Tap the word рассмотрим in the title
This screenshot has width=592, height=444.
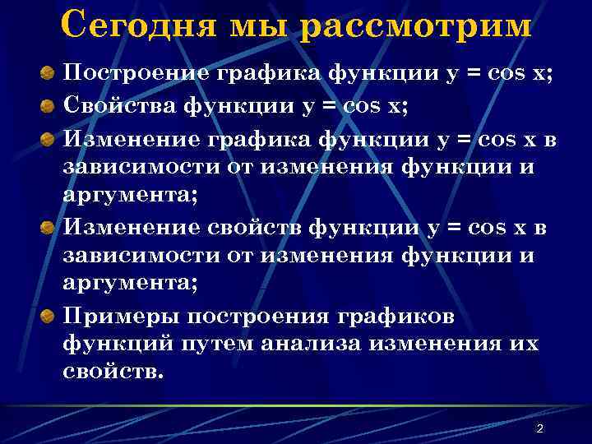point(415,25)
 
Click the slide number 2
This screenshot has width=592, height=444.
point(539,428)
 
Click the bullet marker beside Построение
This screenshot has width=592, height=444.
point(49,73)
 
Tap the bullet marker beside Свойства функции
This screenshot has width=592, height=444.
point(49,107)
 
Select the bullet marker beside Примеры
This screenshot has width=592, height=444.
point(49,317)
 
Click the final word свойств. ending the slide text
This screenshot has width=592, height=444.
point(113,370)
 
